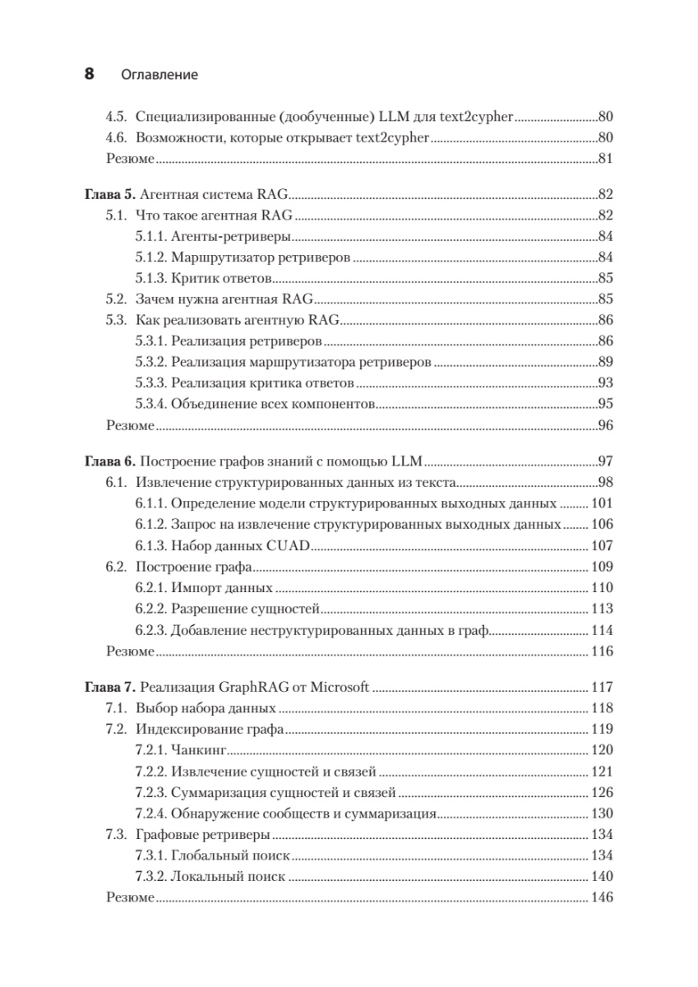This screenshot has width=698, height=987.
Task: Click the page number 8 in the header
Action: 90,74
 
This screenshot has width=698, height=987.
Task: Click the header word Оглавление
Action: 159,75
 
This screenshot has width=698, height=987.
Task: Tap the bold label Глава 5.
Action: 109,196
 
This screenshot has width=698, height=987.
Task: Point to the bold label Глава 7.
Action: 109,687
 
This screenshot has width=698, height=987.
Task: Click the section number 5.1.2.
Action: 151,257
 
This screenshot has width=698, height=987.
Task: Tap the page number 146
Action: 603,897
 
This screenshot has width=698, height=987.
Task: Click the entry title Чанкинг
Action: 198,750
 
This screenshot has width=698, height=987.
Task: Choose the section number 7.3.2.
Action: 151,877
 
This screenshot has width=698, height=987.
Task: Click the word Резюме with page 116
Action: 130,651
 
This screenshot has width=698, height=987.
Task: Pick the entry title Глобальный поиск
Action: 231,855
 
